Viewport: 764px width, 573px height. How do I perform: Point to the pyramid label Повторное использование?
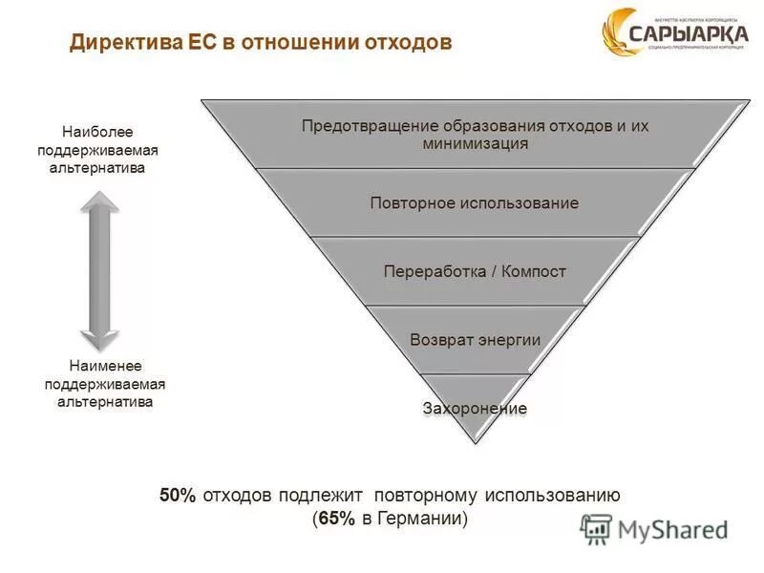tap(474, 203)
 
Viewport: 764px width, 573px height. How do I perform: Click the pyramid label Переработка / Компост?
tap(475, 271)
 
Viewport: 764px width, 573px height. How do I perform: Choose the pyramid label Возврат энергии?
tap(475, 339)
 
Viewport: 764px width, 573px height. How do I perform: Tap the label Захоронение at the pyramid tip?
tap(475, 408)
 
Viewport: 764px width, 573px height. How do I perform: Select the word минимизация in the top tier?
tap(475, 144)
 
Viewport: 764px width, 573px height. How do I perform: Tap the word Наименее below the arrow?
tap(105, 367)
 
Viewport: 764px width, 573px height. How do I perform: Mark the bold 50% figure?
tap(178, 495)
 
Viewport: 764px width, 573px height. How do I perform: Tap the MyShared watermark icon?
tap(596, 528)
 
